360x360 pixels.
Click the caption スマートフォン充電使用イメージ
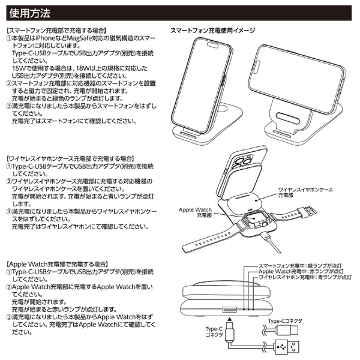212,30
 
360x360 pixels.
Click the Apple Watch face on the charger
254,223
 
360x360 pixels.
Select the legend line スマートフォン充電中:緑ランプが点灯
299,264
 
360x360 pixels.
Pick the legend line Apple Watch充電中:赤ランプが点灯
299,271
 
